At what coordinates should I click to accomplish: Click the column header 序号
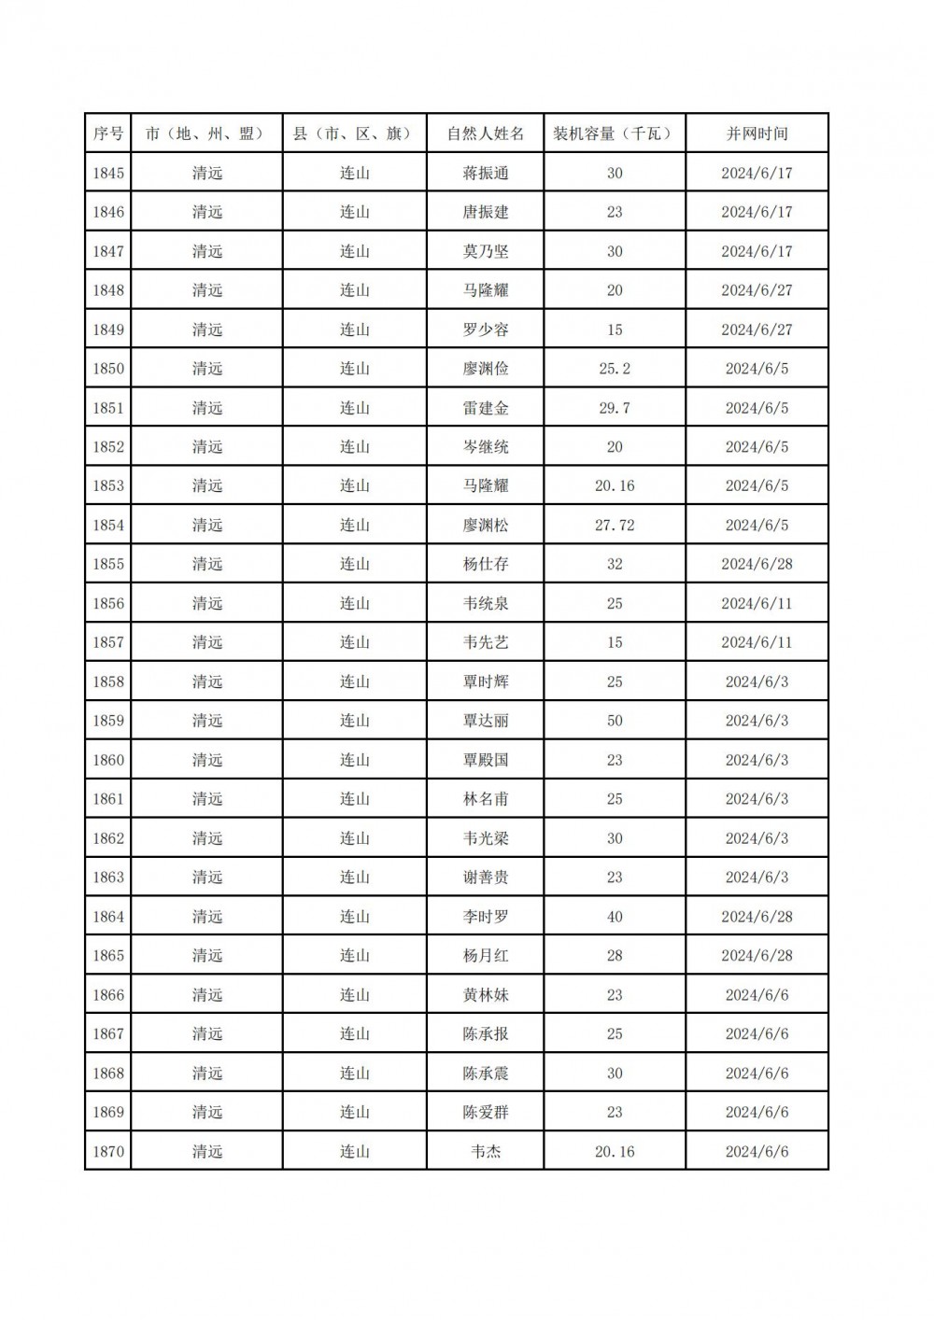(x=108, y=133)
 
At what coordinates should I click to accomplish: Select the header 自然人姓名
(x=486, y=133)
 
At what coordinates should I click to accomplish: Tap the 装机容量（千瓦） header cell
(x=615, y=133)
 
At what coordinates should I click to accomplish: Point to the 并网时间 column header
(x=757, y=133)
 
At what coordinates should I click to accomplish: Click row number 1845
(x=108, y=173)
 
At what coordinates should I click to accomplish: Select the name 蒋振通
(x=486, y=173)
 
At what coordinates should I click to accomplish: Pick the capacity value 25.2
(x=615, y=369)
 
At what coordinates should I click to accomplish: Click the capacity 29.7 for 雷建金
(x=615, y=408)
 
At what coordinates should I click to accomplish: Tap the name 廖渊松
(x=486, y=526)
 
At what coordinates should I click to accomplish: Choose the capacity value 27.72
(x=615, y=526)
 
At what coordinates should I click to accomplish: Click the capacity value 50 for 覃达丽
(x=615, y=721)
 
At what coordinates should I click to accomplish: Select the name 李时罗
(x=486, y=917)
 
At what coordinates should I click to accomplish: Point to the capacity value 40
(x=615, y=917)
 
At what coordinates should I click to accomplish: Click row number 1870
(x=108, y=1151)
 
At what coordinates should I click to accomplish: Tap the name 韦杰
(x=486, y=1151)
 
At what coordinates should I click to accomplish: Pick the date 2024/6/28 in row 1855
(x=757, y=564)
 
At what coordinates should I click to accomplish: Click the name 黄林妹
(x=486, y=995)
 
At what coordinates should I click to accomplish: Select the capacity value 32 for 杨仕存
(x=615, y=564)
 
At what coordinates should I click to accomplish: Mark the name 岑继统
(x=486, y=447)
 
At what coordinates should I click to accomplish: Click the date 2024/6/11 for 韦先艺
(x=757, y=642)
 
